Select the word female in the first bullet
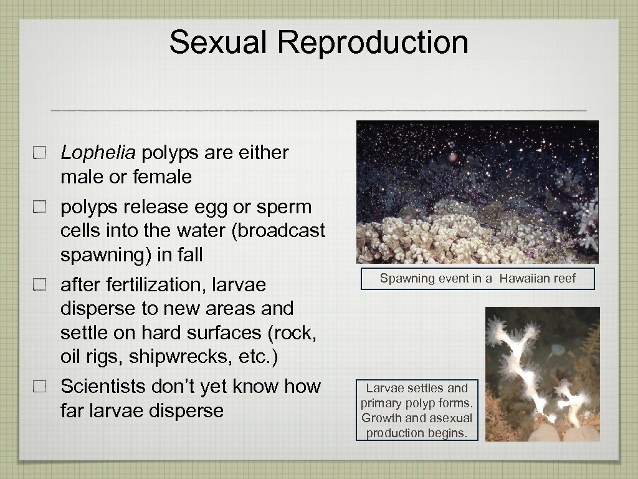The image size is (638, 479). [162, 177]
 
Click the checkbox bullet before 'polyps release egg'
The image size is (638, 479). [40, 207]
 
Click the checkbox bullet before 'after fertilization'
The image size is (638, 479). [40, 285]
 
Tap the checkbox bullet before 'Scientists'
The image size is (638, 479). [40, 387]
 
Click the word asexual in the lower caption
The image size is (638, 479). [450, 418]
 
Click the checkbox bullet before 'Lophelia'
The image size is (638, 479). [40, 153]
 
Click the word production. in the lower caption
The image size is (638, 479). [417, 433]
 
